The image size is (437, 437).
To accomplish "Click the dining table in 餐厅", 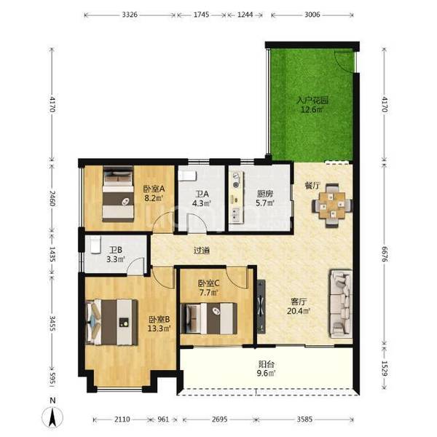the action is pos(332,205).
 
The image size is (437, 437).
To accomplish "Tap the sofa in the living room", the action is pos(341,304).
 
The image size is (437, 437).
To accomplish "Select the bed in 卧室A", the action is pos(118,194).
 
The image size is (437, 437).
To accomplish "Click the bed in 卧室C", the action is pos(209,318).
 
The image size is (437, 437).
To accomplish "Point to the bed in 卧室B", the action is pos(112,322).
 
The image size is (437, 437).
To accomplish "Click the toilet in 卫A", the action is pos(188,176).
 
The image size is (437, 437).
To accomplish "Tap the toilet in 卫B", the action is pos(95,245).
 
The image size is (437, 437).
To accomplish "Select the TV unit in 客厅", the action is pos(261,307).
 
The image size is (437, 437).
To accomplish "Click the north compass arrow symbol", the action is pos(52,417).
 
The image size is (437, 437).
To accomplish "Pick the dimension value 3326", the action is pos(130,15).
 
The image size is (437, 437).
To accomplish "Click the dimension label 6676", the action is pos(385,253).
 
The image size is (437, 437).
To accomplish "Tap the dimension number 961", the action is pos(163,419).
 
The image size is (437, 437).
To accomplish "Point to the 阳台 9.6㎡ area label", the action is pos(267,369).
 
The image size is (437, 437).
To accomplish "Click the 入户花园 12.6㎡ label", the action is pos(312,104).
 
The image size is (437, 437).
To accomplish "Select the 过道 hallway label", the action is pos(202,251).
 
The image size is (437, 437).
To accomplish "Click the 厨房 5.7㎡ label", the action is pos(265,198).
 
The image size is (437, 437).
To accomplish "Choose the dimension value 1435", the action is pos(52,254).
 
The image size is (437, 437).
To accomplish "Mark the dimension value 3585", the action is pos(304,419).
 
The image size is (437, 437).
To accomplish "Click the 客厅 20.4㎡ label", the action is pos(299,306).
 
